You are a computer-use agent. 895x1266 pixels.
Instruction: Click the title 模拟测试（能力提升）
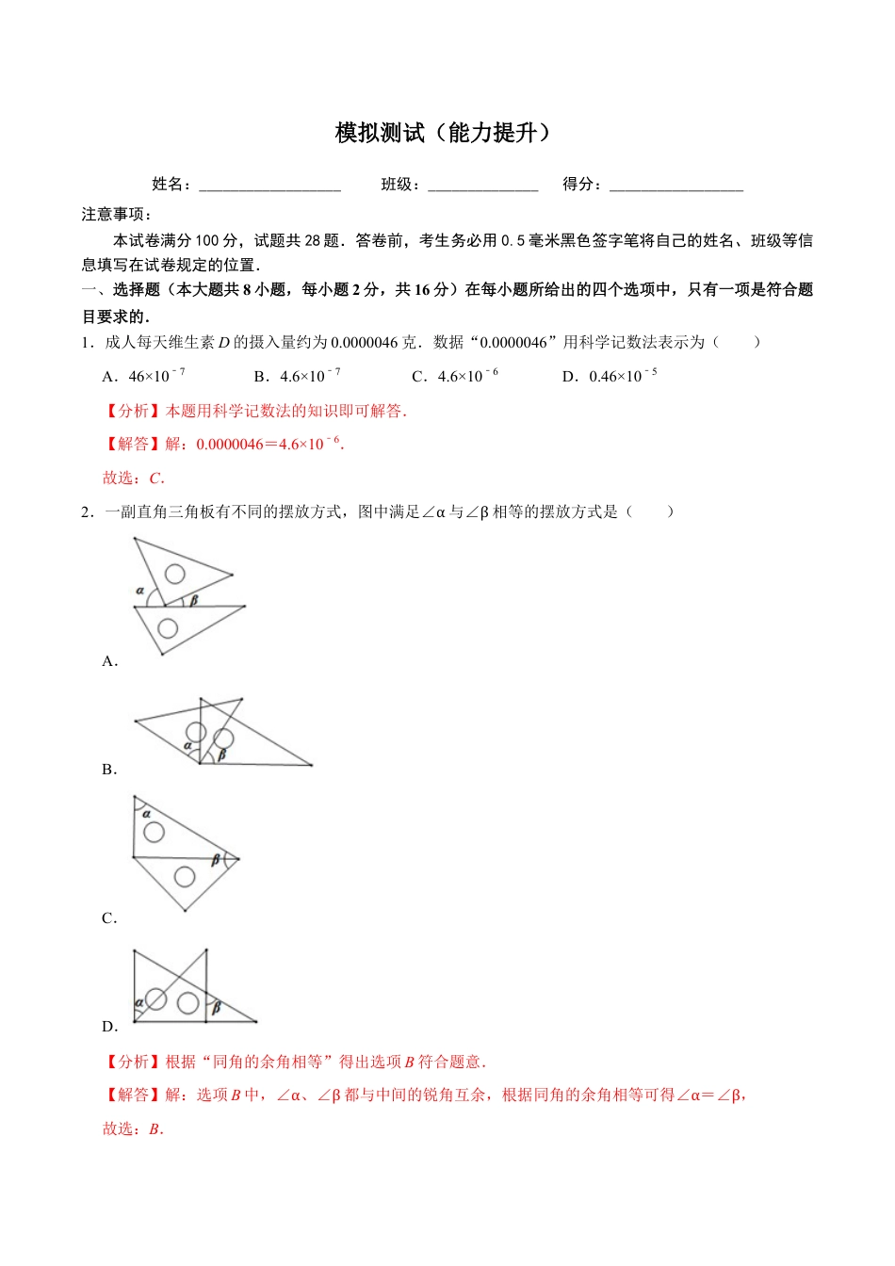coord(443,133)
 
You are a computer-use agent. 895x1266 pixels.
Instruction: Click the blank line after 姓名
coord(269,187)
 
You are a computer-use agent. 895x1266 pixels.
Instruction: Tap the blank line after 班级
coord(482,187)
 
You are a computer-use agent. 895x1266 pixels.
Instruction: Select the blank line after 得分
coord(675,187)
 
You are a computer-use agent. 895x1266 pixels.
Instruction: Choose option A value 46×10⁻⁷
coord(156,376)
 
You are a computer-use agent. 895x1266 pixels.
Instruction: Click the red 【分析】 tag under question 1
coord(133,411)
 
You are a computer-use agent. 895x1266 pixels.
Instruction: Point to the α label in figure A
coord(140,592)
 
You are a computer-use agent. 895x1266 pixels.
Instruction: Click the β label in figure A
coord(194,600)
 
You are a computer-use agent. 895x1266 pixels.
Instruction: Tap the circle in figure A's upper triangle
coord(174,574)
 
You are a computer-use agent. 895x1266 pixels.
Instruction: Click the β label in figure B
coord(222,755)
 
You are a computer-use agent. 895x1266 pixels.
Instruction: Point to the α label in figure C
coord(146,813)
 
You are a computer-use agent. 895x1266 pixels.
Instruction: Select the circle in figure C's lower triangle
coord(185,877)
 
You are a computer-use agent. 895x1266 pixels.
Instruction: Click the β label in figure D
coord(216,1008)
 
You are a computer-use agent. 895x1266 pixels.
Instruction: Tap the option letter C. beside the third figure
coord(109,917)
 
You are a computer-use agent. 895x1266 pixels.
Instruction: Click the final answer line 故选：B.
coord(133,1128)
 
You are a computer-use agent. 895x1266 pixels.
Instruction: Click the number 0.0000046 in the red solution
coord(230,445)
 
